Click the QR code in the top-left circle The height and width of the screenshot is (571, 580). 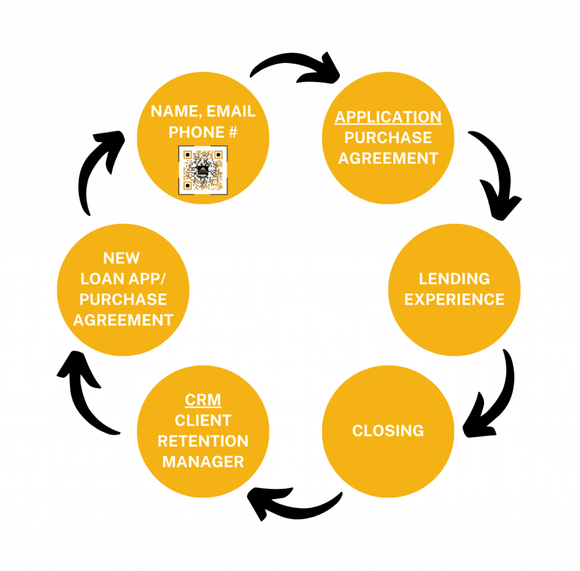pos(203,170)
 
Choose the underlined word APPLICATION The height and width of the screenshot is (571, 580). pos(388,117)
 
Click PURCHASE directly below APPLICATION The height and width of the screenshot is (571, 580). pos(388,138)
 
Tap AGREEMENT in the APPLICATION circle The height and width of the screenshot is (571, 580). pos(388,159)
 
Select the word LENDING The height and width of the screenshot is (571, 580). pos(454,279)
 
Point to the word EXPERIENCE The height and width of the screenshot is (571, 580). pos(454,299)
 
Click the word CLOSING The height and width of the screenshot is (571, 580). pos(388,431)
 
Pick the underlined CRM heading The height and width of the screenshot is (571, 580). pos(203,400)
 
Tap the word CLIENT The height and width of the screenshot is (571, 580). pos(203,421)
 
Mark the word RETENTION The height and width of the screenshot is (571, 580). pos(203,441)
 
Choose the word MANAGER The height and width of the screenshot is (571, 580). pos(203,462)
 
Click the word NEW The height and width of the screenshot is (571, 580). pos(121,258)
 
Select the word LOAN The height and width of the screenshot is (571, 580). pos(102,279)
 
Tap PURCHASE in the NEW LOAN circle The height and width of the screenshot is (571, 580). pos(123,299)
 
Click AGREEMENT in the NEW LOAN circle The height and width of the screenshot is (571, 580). pos(123,320)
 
